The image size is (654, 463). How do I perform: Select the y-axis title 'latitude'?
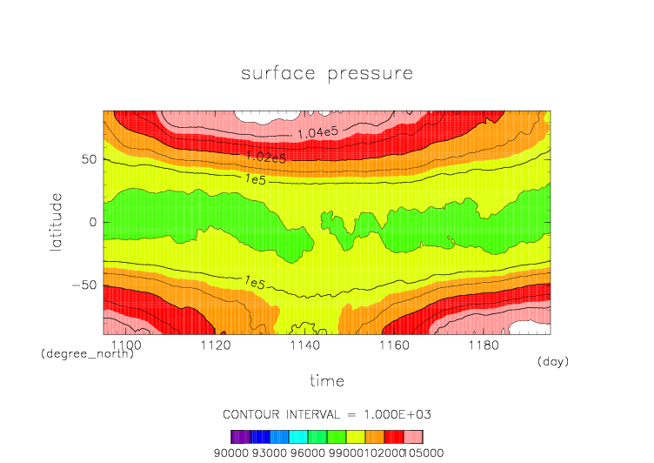pos(56,223)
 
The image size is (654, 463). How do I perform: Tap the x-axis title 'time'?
pos(327,381)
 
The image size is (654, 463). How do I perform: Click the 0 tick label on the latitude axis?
pos(91,223)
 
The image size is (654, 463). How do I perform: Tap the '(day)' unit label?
pos(553,361)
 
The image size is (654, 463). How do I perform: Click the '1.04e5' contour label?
pos(317,133)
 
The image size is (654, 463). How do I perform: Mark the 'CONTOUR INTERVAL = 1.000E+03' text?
pos(327,414)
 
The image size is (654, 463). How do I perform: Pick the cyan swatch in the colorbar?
pos(298,436)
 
